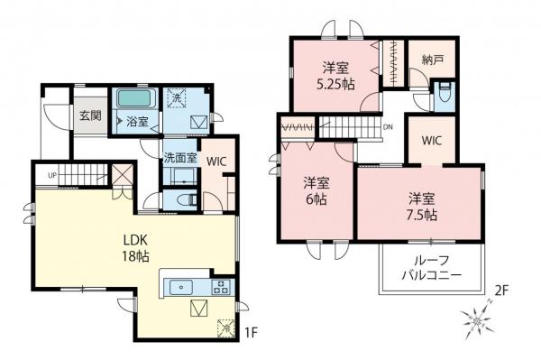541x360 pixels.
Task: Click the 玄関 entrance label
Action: [x=88, y=115]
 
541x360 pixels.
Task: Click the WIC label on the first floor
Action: [x=215, y=161]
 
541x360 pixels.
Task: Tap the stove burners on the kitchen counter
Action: [x=219, y=288]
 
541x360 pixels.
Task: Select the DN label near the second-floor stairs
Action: [x=388, y=127]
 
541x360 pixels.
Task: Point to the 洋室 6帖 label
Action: [x=315, y=190]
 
